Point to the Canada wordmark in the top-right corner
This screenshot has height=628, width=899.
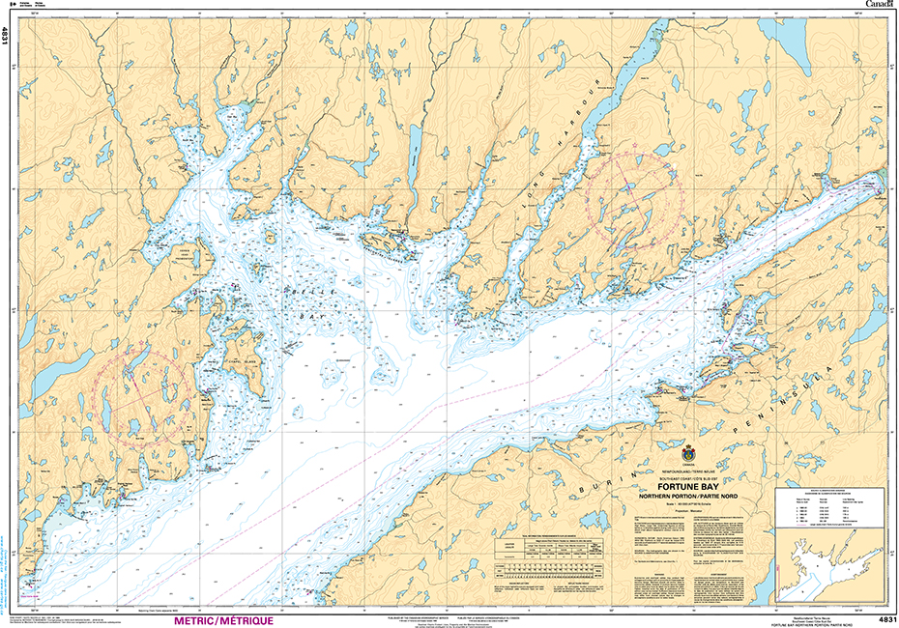click(878, 6)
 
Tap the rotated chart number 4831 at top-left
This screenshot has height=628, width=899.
click(7, 37)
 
